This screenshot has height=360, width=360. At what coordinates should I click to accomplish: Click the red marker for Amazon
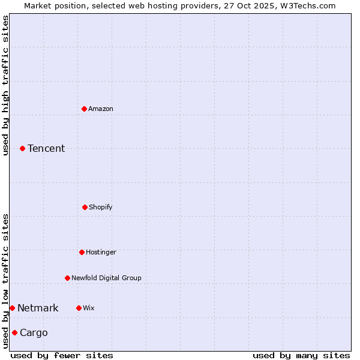tap(85, 109)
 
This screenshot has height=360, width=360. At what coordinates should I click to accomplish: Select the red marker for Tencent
tap(22, 148)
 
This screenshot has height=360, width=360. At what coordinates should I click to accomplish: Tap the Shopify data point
tap(85, 207)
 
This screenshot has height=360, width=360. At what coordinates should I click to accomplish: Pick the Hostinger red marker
tap(82, 252)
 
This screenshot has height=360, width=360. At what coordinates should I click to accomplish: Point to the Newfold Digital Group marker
tap(67, 278)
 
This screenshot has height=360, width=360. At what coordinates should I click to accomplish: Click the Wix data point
tap(79, 308)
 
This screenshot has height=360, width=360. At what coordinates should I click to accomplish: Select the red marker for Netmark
tap(12, 308)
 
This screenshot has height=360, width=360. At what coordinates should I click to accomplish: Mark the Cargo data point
tap(14, 332)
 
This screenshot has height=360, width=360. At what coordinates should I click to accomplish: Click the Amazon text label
tap(101, 109)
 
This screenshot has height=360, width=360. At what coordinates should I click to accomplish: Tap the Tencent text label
tap(46, 148)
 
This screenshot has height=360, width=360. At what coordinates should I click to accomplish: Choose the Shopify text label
tap(101, 207)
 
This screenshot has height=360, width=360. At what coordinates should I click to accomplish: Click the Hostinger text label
tap(101, 252)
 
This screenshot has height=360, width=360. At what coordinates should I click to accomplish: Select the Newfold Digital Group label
tap(106, 278)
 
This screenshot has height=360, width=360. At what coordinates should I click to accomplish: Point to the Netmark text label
tap(38, 308)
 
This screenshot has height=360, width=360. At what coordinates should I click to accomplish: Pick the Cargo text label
tap(34, 332)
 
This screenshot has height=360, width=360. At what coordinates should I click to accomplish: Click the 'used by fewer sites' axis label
tap(62, 355)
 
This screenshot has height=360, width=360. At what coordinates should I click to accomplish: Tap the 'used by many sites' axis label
tap(301, 355)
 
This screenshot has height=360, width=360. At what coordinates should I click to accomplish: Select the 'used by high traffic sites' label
tap(5, 85)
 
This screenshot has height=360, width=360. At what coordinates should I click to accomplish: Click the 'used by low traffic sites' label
tap(5, 281)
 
